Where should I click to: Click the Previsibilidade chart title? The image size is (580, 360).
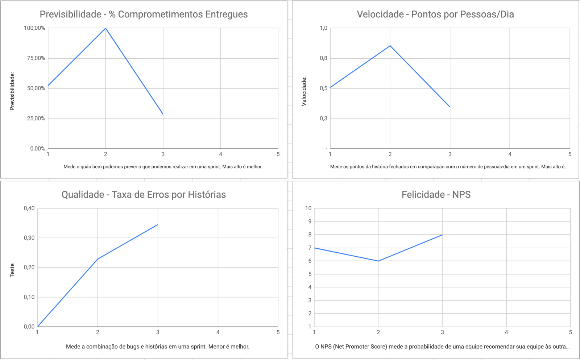(x=144, y=15)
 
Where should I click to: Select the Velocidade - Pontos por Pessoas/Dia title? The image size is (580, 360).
(x=435, y=15)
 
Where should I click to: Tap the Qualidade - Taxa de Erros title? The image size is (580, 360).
(x=144, y=195)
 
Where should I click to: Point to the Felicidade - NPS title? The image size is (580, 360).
(x=436, y=195)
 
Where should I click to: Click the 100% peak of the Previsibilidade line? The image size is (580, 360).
(x=105, y=28)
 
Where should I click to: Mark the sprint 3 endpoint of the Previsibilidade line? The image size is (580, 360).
(x=163, y=114)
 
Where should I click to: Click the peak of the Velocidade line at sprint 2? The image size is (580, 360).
(x=390, y=46)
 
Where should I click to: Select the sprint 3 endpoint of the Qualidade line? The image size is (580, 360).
(x=158, y=224)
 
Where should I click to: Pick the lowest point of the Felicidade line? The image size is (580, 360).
(x=378, y=261)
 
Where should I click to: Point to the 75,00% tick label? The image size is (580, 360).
(x=36, y=58)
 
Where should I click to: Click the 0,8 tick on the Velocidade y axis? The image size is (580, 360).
(x=324, y=58)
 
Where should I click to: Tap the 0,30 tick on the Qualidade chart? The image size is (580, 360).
(x=29, y=238)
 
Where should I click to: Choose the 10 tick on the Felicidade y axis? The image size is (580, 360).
(x=308, y=208)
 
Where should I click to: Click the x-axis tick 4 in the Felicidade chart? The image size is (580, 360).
(x=506, y=332)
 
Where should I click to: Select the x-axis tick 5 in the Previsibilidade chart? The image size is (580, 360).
(x=278, y=154)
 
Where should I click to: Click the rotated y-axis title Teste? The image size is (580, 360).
(x=12, y=270)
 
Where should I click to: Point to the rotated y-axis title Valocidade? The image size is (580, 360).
(x=304, y=91)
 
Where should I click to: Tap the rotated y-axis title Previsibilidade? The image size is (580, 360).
(x=12, y=91)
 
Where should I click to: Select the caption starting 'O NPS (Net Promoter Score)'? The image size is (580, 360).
(x=442, y=347)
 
